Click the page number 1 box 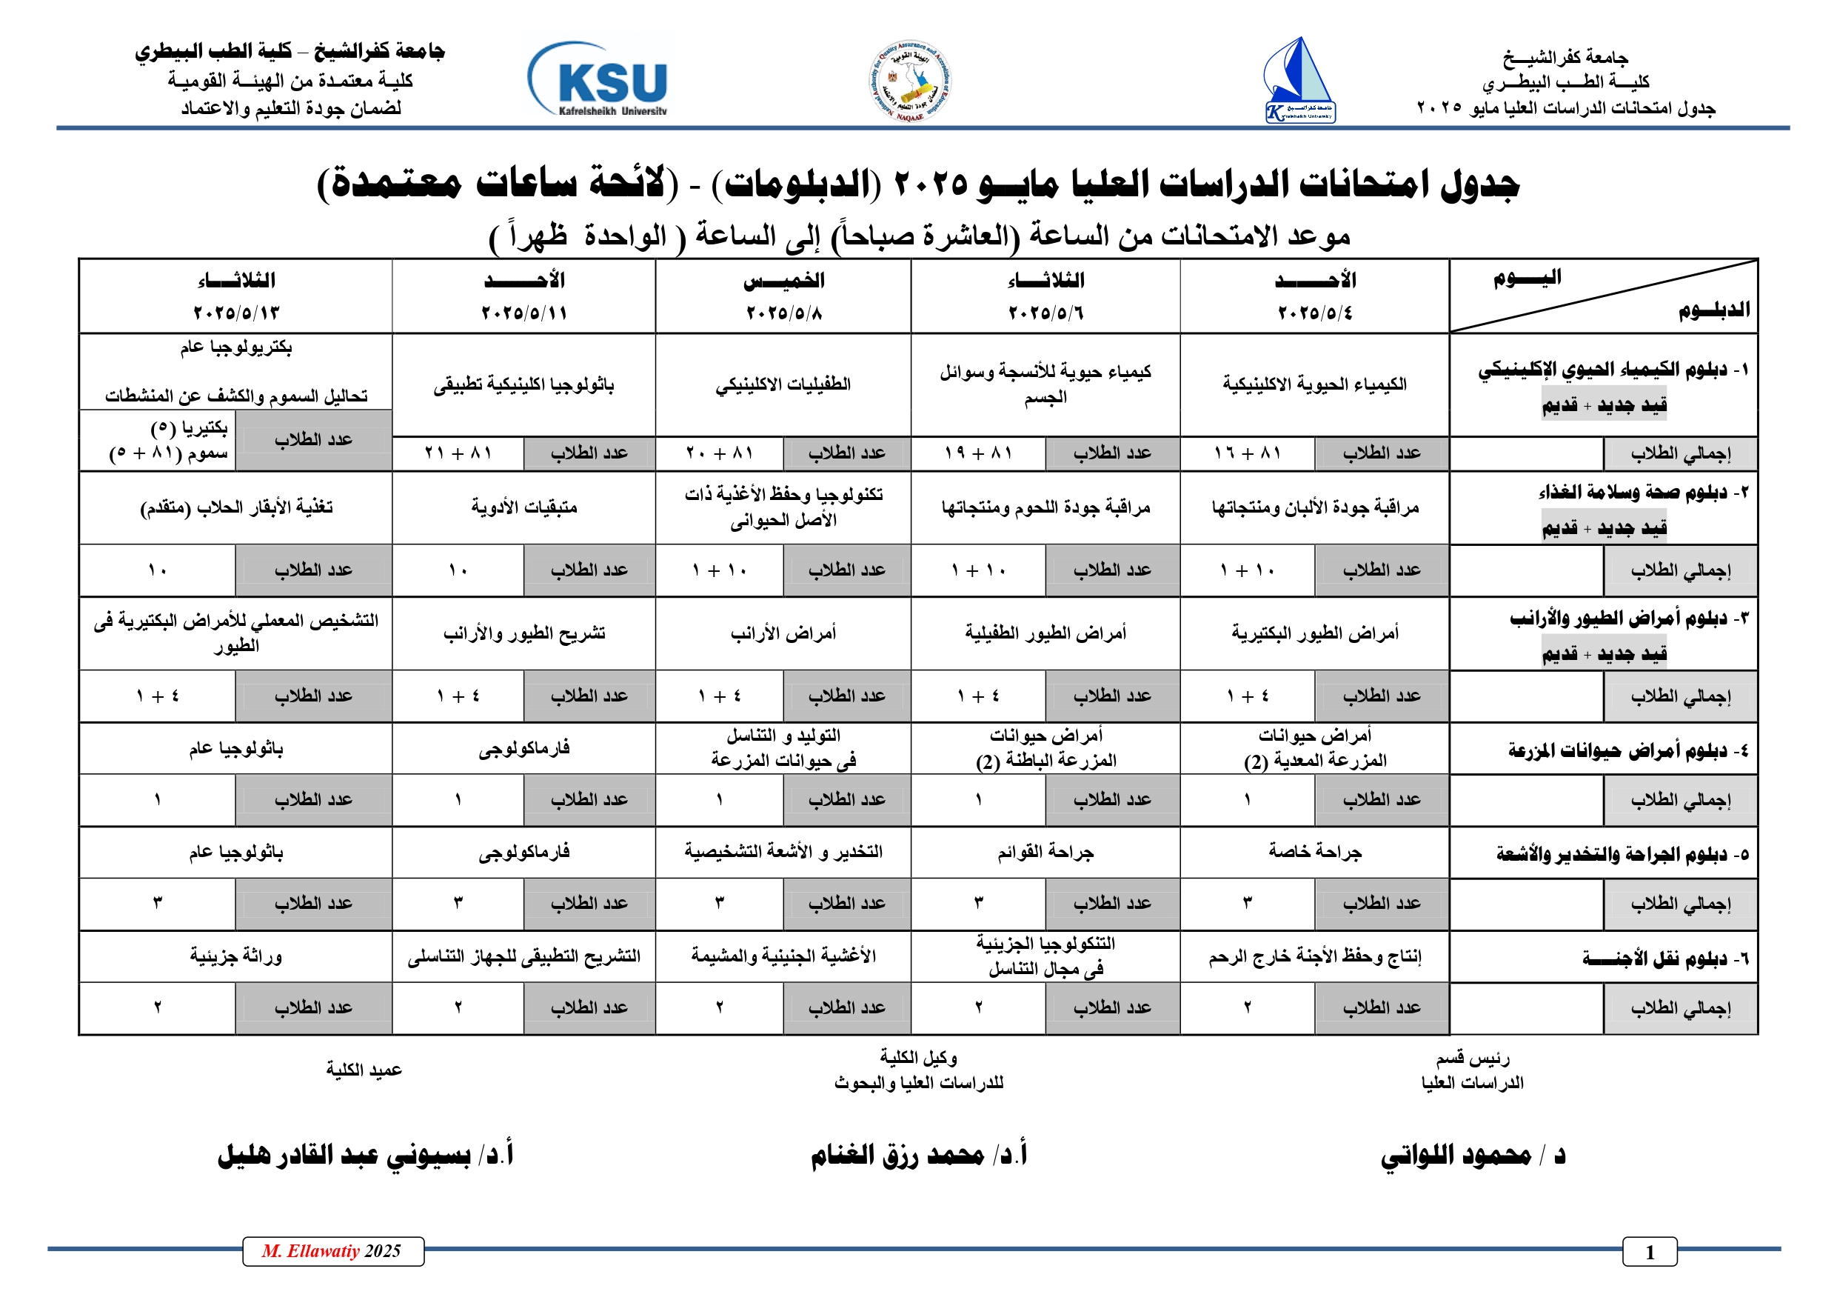pyautogui.click(x=1649, y=1252)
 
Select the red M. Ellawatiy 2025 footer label pyautogui.click(x=332, y=1251)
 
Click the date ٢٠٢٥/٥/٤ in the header pyautogui.click(x=1314, y=312)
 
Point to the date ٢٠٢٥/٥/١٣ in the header pyautogui.click(x=236, y=312)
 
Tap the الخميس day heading pyautogui.click(x=783, y=280)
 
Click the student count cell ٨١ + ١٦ pyautogui.click(x=1248, y=453)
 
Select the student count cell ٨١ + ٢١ pyautogui.click(x=458, y=453)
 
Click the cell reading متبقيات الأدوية pyautogui.click(x=524, y=507)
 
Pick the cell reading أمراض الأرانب pyautogui.click(x=783, y=633)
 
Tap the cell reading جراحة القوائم pyautogui.click(x=1045, y=853)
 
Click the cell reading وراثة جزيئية pyautogui.click(x=236, y=956)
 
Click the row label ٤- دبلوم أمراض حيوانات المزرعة pyautogui.click(x=1628, y=750)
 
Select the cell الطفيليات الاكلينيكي pyautogui.click(x=783, y=384)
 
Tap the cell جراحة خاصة pyautogui.click(x=1314, y=853)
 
